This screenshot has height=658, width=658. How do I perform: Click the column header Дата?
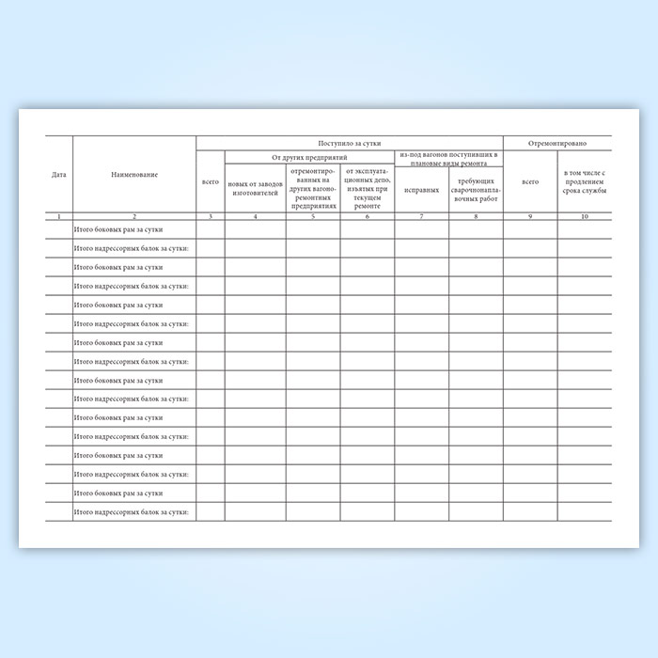click(58, 175)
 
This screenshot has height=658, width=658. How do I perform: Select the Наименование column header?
click(133, 175)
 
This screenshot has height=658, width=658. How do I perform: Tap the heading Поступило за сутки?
click(350, 142)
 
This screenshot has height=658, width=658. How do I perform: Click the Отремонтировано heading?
click(557, 142)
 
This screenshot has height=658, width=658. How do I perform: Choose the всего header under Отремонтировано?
click(530, 181)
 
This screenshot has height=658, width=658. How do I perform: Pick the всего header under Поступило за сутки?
click(211, 181)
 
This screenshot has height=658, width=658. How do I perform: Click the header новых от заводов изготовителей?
click(255, 188)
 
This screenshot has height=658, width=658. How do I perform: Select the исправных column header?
click(421, 189)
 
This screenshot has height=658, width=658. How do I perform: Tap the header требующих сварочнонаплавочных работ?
click(476, 189)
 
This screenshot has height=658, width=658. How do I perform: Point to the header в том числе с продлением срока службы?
click(584, 181)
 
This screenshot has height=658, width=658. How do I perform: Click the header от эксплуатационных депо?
click(367, 188)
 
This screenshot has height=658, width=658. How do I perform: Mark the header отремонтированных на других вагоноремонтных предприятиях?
click(313, 188)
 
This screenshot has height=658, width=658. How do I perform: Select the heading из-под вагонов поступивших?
click(448, 158)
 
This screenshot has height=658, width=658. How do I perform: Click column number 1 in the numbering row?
click(58, 217)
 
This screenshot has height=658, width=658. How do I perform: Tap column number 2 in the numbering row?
click(133, 217)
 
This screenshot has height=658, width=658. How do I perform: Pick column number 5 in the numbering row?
click(313, 217)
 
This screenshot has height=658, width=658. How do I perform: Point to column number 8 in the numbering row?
click(476, 217)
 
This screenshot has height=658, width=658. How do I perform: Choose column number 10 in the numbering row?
click(584, 217)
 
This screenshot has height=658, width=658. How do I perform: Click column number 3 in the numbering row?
click(211, 217)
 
